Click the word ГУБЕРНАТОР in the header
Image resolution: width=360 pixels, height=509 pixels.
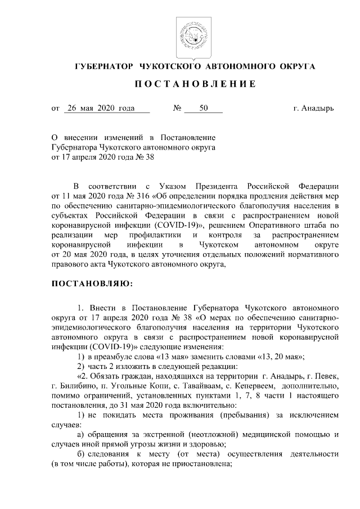click(103, 66)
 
